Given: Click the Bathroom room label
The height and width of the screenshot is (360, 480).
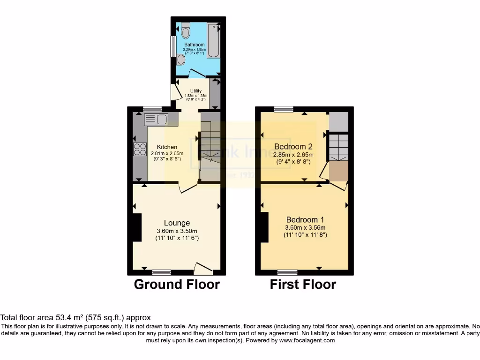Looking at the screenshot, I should (194, 45).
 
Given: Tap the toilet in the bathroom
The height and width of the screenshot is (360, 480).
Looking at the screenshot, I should (186, 31).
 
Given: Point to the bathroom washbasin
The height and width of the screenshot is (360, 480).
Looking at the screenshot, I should (181, 59).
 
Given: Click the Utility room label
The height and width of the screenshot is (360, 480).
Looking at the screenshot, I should (195, 91).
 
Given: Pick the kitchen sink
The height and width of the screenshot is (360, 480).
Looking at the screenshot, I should (157, 120).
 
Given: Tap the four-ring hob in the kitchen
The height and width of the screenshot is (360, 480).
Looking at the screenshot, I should (140, 149).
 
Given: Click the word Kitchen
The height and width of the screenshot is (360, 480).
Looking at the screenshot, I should (167, 147).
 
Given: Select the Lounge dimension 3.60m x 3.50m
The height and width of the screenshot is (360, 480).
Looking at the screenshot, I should (177, 231).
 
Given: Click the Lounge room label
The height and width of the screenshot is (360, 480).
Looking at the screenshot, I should (177, 223).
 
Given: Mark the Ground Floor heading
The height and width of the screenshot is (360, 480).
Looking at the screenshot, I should (177, 285).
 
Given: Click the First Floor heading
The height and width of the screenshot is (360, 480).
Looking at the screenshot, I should (303, 285).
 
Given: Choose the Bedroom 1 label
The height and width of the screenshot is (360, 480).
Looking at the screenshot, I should (305, 219).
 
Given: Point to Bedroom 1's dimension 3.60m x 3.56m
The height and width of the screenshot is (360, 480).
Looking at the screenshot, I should (305, 228).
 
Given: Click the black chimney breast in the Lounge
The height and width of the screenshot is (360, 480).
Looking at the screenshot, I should (136, 227).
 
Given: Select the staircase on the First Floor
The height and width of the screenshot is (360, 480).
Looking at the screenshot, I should (338, 147).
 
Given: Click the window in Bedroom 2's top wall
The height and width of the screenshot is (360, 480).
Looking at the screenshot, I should (284, 109).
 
